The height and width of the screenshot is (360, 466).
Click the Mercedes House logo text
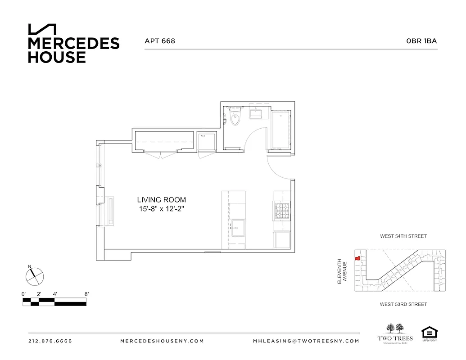pyautogui.click(x=73, y=50)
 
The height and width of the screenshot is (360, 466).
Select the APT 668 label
pyautogui.click(x=159, y=41)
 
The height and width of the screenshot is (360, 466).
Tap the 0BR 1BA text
pyautogui.click(x=421, y=41)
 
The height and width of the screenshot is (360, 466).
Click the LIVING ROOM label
pyautogui.click(x=161, y=200)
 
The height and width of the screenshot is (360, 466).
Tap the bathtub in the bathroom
pyautogui.click(x=281, y=130)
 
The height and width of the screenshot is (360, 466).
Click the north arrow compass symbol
pyautogui.click(x=34, y=275)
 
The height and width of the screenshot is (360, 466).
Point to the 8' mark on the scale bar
pyautogui.click(x=86, y=294)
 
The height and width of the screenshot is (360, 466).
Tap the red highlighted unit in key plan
pyautogui.click(x=357, y=259)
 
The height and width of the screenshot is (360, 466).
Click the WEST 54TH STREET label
pyautogui.click(x=403, y=236)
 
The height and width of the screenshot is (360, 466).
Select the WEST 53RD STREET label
pyautogui.click(x=403, y=305)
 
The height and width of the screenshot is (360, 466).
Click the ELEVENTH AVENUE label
pyautogui.click(x=343, y=270)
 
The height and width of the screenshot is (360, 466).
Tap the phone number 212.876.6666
pyautogui.click(x=50, y=341)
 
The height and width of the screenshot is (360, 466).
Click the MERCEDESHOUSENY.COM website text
pyautogui.click(x=162, y=341)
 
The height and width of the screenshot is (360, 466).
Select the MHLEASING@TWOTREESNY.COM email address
pyautogui.click(x=306, y=341)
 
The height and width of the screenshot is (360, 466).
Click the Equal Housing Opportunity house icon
pyautogui.click(x=429, y=333)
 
